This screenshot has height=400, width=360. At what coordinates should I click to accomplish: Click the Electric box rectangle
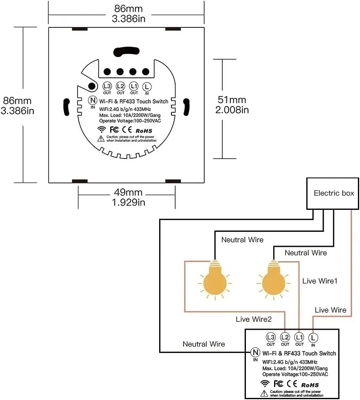pos(333,193)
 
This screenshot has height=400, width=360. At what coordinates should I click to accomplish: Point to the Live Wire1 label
pos(320,281)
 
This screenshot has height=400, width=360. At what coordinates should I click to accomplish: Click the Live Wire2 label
pos(253,319)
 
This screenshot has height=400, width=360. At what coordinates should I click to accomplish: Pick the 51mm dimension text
pos(232,100)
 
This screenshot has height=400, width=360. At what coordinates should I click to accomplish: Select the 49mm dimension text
pos(128,192)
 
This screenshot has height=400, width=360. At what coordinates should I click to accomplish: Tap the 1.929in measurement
pos(128,202)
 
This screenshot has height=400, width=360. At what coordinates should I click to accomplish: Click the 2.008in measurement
pos(232,110)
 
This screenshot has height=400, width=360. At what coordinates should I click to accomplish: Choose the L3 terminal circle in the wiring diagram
pos(271,337)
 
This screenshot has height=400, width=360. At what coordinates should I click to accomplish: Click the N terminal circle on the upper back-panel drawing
pos(93,100)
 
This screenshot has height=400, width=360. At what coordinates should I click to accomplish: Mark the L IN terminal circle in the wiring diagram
pos(313,338)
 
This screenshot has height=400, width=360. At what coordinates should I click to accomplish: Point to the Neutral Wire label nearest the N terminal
pos(204,344)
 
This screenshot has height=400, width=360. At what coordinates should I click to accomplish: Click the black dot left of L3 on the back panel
pos(92,86)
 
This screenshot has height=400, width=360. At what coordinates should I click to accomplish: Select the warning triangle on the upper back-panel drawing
pos(101,138)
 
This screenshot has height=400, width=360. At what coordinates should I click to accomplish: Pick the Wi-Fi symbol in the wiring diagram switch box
pos(265,383)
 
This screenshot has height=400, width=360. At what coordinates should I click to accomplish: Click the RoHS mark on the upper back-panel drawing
pos(144,131)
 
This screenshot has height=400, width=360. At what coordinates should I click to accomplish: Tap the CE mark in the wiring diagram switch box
pos(292,384)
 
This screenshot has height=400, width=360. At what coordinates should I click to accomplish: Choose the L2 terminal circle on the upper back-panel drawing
pos(120,86)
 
